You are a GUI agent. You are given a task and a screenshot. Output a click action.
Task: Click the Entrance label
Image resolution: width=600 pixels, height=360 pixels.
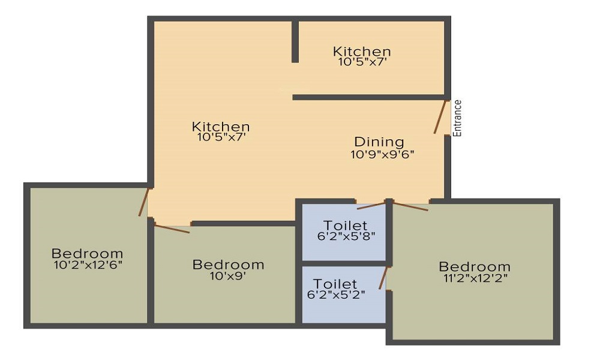pos(458,118)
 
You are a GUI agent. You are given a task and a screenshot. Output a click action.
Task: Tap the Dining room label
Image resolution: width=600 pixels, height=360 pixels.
pos(379,142)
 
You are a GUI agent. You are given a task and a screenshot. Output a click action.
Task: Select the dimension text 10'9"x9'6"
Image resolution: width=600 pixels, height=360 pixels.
pos(383,154)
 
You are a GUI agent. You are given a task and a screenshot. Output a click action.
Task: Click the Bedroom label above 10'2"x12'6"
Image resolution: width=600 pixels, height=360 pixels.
pos(87,253)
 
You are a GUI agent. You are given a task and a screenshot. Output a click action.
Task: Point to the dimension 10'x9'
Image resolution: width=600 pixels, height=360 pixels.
pos(228,276)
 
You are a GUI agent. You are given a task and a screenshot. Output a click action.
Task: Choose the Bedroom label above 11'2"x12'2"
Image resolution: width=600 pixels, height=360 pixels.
pos(475,266)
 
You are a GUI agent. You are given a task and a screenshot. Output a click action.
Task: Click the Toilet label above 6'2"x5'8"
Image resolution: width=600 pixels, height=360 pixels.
pos(346,226)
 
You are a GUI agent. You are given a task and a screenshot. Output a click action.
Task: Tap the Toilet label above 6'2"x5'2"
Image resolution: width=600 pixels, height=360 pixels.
pos(335,284)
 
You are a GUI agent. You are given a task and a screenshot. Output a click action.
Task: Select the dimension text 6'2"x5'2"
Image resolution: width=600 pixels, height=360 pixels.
pos(336,295)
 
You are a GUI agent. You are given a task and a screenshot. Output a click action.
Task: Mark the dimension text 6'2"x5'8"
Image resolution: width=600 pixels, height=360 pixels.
pos(346,236)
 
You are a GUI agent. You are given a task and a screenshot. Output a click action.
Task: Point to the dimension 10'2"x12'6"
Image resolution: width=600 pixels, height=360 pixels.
pos(88,264)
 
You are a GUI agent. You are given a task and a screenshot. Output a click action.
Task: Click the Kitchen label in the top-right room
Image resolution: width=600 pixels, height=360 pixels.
pos(362,52)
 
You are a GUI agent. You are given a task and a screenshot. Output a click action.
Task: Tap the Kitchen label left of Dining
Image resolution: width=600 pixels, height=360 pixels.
pos(221,127)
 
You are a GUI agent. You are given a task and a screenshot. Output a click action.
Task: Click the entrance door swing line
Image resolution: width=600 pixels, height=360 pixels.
pos(442,117)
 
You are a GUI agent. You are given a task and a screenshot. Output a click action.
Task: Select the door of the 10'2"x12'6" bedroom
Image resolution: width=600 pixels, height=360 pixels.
pos(143,202)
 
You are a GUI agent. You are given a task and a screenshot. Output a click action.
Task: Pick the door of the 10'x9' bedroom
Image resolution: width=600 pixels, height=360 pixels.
pos(172,228)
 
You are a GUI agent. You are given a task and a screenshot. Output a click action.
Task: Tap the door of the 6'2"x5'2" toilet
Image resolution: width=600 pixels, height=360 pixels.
pos(383,278)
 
